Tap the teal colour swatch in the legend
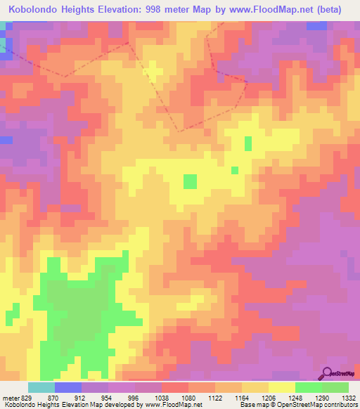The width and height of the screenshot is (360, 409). [41, 387]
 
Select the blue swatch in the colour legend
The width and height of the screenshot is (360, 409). [67, 387]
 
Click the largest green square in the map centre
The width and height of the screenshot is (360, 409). [190, 181]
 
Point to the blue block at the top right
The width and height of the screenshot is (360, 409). [316, 25]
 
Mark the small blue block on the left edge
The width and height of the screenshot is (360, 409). [6, 140]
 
